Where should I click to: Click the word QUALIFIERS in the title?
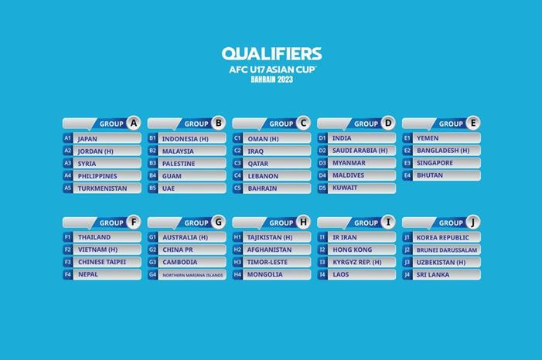click(271, 54)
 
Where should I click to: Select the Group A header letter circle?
click(134, 123)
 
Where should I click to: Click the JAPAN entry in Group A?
click(87, 139)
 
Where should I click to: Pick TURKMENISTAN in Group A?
click(103, 188)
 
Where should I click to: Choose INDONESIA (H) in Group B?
click(186, 139)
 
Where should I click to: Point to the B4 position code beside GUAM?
click(152, 176)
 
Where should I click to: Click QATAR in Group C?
click(259, 164)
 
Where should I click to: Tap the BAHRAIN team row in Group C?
click(263, 188)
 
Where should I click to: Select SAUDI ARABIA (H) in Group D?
click(360, 151)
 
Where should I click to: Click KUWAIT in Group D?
click(345, 188)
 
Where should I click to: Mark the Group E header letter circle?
click(472, 123)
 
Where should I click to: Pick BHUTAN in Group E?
click(430, 175)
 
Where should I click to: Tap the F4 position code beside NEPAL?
click(68, 274)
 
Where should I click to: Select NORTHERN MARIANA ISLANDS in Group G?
click(193, 275)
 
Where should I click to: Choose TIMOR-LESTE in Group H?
click(268, 262)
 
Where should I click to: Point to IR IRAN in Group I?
click(345, 237)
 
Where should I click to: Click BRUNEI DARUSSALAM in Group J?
click(448, 250)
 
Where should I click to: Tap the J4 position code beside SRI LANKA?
click(407, 274)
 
